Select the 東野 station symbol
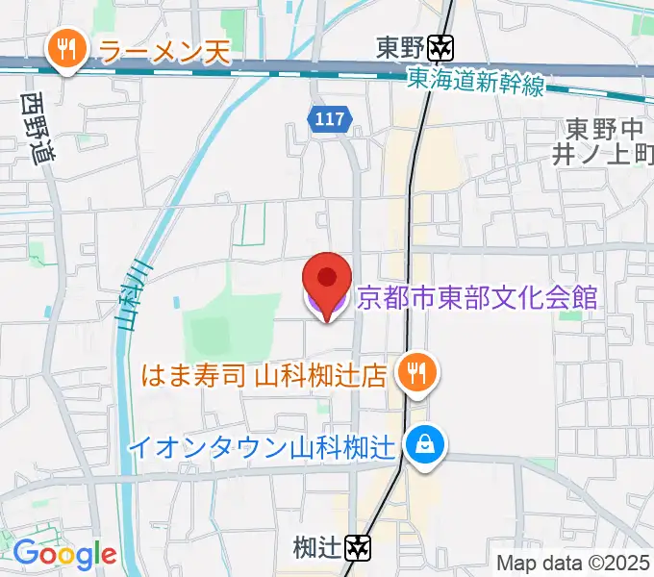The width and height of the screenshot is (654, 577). click(442, 46)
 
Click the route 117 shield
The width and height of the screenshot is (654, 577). click(330, 118)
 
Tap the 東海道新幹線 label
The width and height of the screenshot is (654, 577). click(474, 83)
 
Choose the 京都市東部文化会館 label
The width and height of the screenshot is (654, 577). click(477, 296)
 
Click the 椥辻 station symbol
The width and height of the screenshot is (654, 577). click(359, 548)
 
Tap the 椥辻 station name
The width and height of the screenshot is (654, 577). click(318, 548)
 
